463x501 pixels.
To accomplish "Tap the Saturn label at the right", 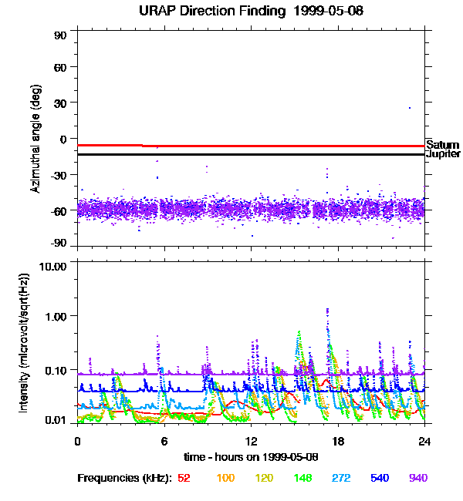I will click(x=442, y=145).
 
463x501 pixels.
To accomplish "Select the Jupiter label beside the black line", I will click(x=442, y=155).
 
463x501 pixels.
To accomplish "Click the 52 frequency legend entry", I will click(x=184, y=478).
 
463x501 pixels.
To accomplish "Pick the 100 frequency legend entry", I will click(x=225, y=478).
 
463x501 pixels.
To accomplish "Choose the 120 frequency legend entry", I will click(x=265, y=478).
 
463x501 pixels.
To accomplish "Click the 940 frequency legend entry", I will click(x=418, y=478).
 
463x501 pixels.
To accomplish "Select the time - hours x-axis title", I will click(x=251, y=457).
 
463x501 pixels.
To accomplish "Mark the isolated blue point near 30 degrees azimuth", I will click(x=410, y=107).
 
